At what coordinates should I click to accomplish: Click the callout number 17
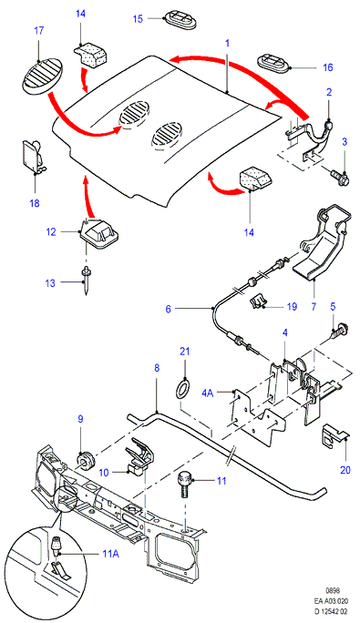pos(39,31)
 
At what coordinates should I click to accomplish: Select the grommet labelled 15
pos(181,20)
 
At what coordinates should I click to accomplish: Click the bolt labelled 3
pos(339,177)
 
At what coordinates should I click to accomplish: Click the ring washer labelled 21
pos(184,389)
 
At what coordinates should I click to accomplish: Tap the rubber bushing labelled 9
pos(84,460)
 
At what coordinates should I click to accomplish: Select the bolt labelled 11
pos(184,485)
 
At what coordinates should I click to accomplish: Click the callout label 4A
pos(208,393)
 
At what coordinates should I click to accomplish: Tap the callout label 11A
pos(110,553)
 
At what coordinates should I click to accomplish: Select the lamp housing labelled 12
pos(100,233)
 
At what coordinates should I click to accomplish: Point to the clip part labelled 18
pos(32,157)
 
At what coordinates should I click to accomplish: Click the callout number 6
pos(168,309)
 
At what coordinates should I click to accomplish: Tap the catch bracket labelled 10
pos(138,456)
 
